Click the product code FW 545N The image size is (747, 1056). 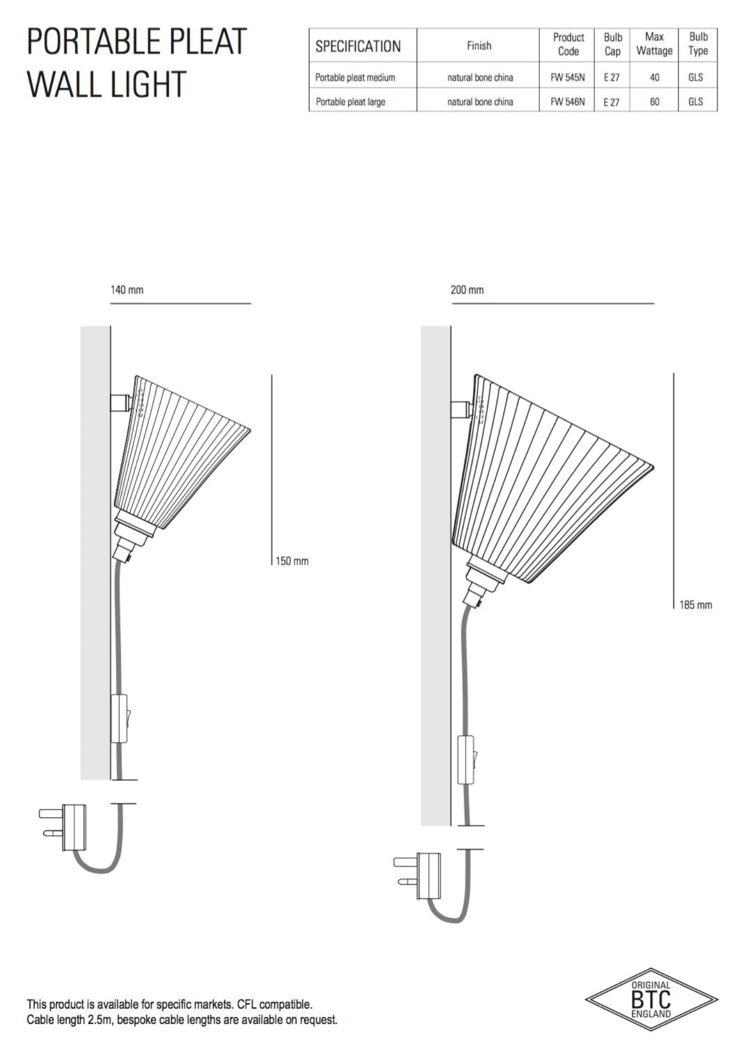click(x=567, y=77)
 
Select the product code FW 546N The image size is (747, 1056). click(x=567, y=102)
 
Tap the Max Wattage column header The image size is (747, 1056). click(x=654, y=44)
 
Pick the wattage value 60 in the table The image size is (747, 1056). click(x=654, y=102)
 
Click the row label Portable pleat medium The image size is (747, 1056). click(x=355, y=77)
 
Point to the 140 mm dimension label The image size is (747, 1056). click(x=127, y=290)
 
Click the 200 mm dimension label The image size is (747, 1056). click(x=467, y=290)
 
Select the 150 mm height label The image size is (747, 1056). click(x=292, y=561)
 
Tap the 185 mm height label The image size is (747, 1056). click(x=695, y=605)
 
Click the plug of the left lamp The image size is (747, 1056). click(x=69, y=827)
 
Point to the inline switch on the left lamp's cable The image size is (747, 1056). click(x=120, y=719)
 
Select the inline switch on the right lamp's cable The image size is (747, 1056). click(x=466, y=760)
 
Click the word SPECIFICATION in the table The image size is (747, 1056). click(x=357, y=46)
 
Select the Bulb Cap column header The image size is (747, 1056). click(x=612, y=44)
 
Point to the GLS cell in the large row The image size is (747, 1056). click(x=695, y=102)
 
